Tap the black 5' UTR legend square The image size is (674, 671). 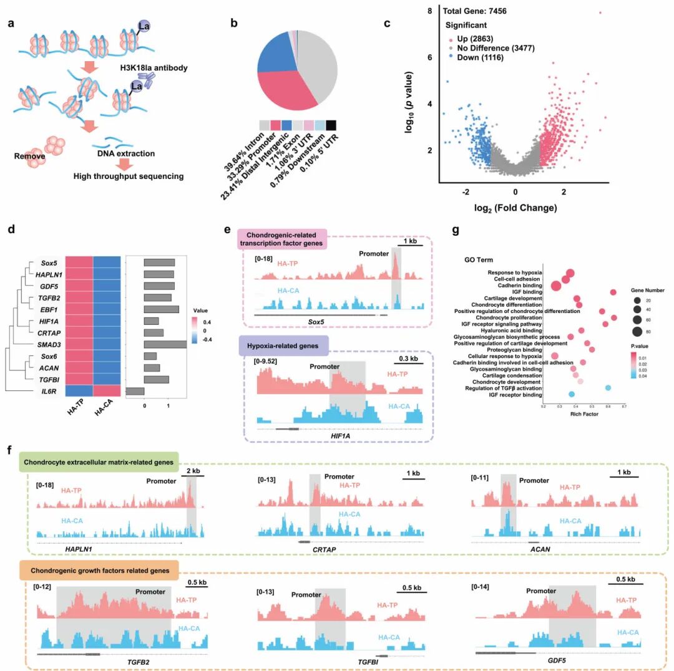pyautogui.click(x=331, y=125)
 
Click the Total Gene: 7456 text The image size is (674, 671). pyautogui.click(x=478, y=11)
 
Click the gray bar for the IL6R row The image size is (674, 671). pyautogui.click(x=135, y=391)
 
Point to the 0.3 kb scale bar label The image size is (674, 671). pyautogui.click(x=409, y=359)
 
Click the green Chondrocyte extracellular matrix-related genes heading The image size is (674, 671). pyautogui.click(x=99, y=462)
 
